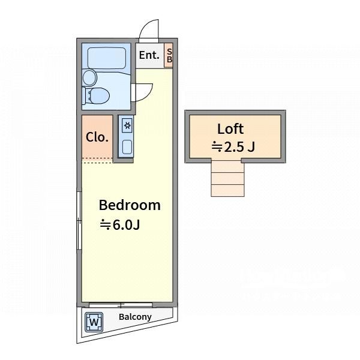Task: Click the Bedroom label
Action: tap(130, 205)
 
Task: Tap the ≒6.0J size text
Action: tap(120, 225)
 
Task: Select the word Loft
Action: tap(230, 129)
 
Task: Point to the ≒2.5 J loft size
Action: tap(233, 146)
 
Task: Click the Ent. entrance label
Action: tap(149, 55)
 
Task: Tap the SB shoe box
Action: tap(169, 55)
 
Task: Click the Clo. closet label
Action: tap(97, 137)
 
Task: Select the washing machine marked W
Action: tap(94, 322)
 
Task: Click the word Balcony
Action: tap(135, 317)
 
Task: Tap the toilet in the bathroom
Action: tap(97, 96)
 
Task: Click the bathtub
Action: tap(107, 58)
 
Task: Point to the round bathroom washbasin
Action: tap(90, 77)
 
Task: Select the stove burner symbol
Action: tap(127, 125)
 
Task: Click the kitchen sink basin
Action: tap(127, 147)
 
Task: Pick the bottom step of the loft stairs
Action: tap(228, 190)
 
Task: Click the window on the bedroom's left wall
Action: tap(79, 220)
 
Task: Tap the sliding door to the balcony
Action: tap(121, 305)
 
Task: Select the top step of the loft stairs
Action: tap(228, 166)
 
